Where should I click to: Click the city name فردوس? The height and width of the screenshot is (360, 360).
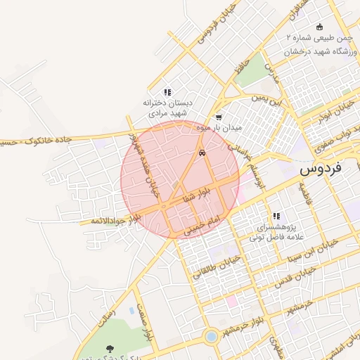tap(320, 169)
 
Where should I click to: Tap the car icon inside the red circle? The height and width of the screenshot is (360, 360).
tap(202, 153)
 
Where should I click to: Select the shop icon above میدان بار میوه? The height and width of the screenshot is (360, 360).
tap(219, 117)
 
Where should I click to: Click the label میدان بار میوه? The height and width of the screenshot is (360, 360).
tap(219, 128)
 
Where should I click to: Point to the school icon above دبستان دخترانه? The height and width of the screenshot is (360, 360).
tap(167, 92)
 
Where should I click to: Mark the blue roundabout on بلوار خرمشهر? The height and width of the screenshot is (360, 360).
tap(210, 337)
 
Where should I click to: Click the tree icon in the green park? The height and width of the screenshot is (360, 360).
tap(109, 348)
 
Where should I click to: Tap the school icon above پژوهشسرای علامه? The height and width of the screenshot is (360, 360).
tap(276, 216)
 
